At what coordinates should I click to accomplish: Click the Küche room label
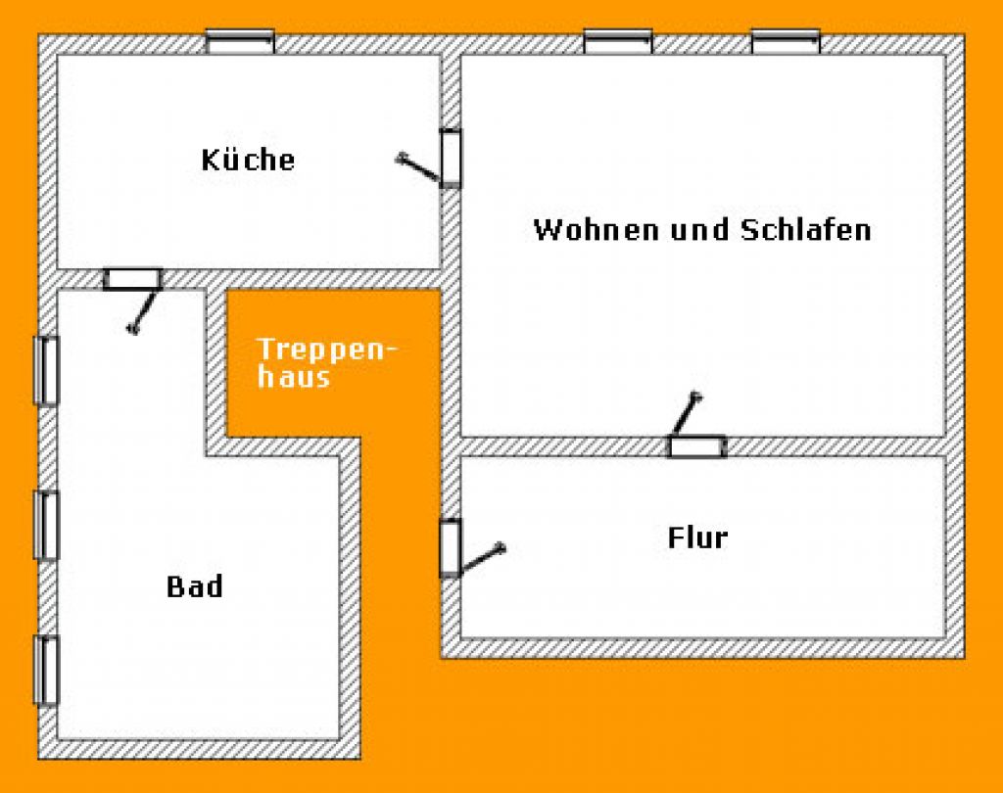[x=248, y=160]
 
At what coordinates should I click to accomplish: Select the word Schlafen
[x=806, y=230]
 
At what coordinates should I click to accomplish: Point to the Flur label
[x=697, y=537]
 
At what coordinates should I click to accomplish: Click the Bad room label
[x=195, y=586]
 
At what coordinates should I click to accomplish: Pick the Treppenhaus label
[x=326, y=362]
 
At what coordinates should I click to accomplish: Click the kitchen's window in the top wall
[x=240, y=41]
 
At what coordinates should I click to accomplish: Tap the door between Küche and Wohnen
[x=451, y=158]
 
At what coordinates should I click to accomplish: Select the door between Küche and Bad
[x=133, y=279]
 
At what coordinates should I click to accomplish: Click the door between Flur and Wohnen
[x=697, y=446]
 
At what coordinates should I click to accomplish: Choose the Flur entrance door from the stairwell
[x=451, y=548]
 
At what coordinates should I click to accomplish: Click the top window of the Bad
[x=46, y=371]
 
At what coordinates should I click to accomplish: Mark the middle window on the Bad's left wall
[x=46, y=526]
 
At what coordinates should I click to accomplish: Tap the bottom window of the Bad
[x=46, y=671]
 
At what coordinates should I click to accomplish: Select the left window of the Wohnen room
[x=618, y=41]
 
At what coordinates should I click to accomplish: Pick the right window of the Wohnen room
[x=786, y=41]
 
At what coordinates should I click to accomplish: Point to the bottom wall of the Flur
[x=702, y=648]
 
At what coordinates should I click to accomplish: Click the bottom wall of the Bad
[x=199, y=750]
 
